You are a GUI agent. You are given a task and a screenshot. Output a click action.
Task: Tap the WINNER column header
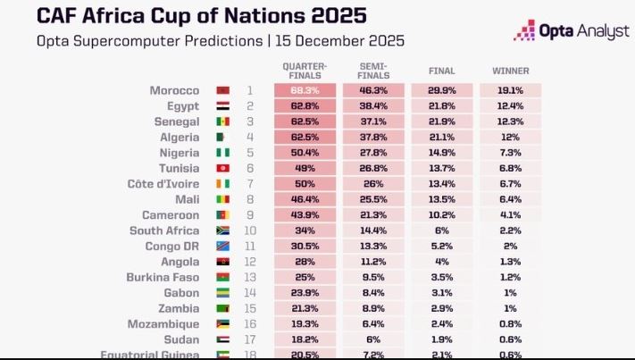pyautogui.click(x=510, y=70)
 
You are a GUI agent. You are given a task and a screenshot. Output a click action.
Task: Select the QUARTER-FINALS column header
pyautogui.click(x=305, y=70)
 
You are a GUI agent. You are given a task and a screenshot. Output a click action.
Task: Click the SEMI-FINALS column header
pyautogui.click(x=372, y=70)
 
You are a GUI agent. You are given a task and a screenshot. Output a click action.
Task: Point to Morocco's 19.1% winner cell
pyautogui.click(x=510, y=90)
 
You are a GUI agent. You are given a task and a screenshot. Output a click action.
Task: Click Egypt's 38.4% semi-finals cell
pyautogui.click(x=372, y=105)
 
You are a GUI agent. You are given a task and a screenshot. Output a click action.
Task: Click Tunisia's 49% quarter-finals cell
pyautogui.click(x=305, y=168)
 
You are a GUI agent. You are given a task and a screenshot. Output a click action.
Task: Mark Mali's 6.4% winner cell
pyautogui.click(x=510, y=199)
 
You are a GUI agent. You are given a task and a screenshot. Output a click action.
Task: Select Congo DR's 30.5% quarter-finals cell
pyautogui.click(x=305, y=247)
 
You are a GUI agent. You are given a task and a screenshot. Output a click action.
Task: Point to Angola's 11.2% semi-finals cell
pyautogui.click(x=372, y=262)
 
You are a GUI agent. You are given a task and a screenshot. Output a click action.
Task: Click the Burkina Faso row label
pyautogui.click(x=167, y=278)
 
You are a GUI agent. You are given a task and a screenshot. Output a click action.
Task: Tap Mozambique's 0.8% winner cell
pyautogui.click(x=510, y=324)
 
